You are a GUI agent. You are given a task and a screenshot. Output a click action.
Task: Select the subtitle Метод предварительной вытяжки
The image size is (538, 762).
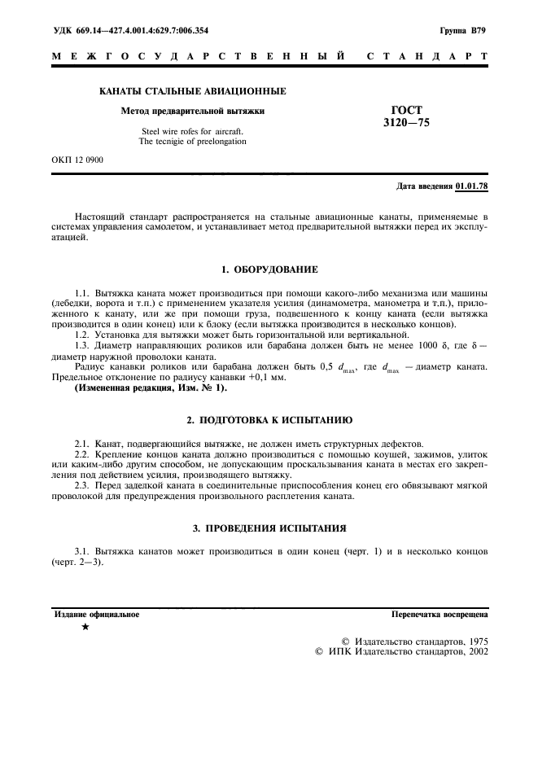(x=192, y=110)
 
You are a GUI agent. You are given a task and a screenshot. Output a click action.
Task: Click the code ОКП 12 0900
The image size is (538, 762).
(x=77, y=160)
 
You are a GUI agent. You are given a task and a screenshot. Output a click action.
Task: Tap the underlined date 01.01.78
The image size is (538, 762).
(x=472, y=186)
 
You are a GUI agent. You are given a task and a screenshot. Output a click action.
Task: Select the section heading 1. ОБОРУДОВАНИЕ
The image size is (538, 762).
(x=269, y=269)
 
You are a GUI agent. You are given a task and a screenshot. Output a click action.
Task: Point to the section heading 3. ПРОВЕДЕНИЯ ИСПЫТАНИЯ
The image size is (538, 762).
(x=269, y=528)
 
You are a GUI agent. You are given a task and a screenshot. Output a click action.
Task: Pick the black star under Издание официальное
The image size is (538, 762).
(x=86, y=627)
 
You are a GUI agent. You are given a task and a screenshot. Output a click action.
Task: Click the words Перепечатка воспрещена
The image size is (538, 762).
(x=440, y=614)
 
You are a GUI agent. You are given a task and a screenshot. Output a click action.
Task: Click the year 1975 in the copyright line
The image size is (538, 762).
(x=474, y=641)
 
